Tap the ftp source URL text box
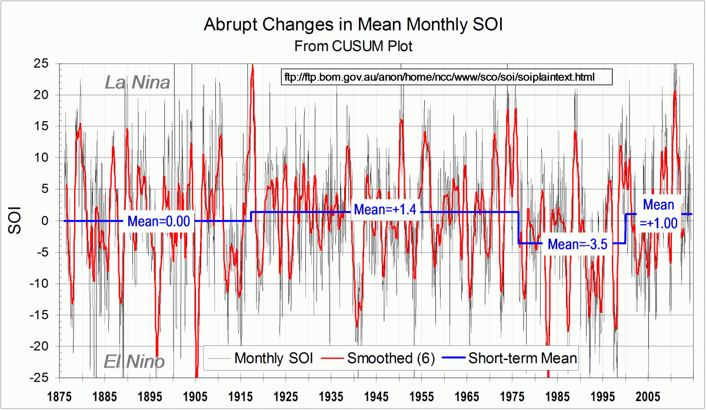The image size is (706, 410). (439, 77)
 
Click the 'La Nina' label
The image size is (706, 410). (137, 82)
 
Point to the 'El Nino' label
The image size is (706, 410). (135, 361)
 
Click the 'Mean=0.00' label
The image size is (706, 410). (159, 222)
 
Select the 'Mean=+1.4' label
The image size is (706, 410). (385, 210)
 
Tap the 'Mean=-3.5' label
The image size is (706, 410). (577, 244)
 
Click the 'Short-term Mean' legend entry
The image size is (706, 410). (522, 358)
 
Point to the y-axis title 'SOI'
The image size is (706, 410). (16, 220)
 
